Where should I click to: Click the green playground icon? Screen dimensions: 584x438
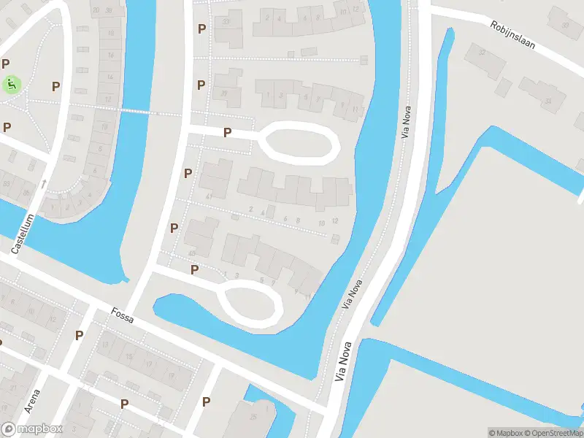click(x=12, y=85)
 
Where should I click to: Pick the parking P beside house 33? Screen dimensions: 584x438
click(x=201, y=28)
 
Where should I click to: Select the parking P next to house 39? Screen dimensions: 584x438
click(x=201, y=85)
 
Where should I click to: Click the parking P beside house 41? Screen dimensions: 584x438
click(x=188, y=173)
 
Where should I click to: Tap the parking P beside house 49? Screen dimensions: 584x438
click(x=174, y=228)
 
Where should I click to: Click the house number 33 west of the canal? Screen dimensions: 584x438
click(x=226, y=21)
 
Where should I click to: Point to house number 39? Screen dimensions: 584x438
click(x=224, y=93)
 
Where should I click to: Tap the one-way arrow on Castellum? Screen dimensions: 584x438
click(x=45, y=183)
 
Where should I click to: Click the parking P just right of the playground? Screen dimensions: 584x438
click(x=55, y=86)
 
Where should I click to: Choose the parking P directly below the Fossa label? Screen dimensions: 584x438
click(x=80, y=335)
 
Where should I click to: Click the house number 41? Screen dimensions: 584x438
click(x=209, y=197)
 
